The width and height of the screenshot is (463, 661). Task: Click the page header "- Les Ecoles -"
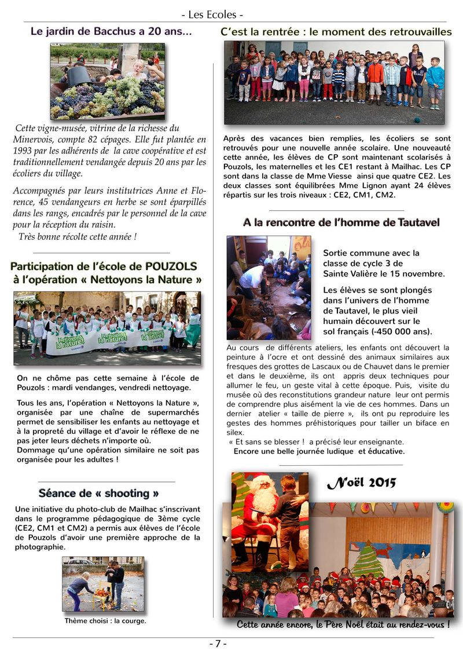[x=212, y=14]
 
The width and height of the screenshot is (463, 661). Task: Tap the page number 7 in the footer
[x=217, y=644]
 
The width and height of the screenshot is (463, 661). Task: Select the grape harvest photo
[x=107, y=81]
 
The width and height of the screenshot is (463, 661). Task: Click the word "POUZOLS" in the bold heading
[x=167, y=266]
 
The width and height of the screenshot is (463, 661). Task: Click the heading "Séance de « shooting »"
[x=98, y=493]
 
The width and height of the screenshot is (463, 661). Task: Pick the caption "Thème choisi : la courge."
[x=105, y=621]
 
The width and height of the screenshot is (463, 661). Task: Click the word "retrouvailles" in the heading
[x=412, y=32]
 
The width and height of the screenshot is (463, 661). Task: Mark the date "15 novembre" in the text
[x=417, y=273]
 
